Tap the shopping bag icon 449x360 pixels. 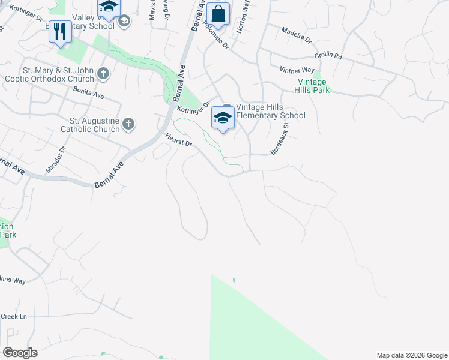pyautogui.click(x=218, y=14)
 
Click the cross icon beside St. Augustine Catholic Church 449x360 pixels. pyautogui.click(x=128, y=124)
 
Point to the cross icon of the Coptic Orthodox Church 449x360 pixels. pyautogui.click(x=103, y=74)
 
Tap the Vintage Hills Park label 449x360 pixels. pyautogui.click(x=312, y=86)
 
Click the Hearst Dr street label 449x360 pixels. pyautogui.click(x=179, y=140)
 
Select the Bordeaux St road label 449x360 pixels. pyautogui.click(x=279, y=139)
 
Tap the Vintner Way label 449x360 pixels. pyautogui.click(x=297, y=70)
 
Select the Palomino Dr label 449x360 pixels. pyautogui.click(x=215, y=37)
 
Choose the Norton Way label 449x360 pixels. pyautogui.click(x=244, y=16)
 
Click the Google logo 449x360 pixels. pyautogui.click(x=20, y=353)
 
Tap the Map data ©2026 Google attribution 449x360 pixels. pyautogui.click(x=412, y=355)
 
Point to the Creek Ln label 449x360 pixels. pyautogui.click(x=14, y=316)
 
